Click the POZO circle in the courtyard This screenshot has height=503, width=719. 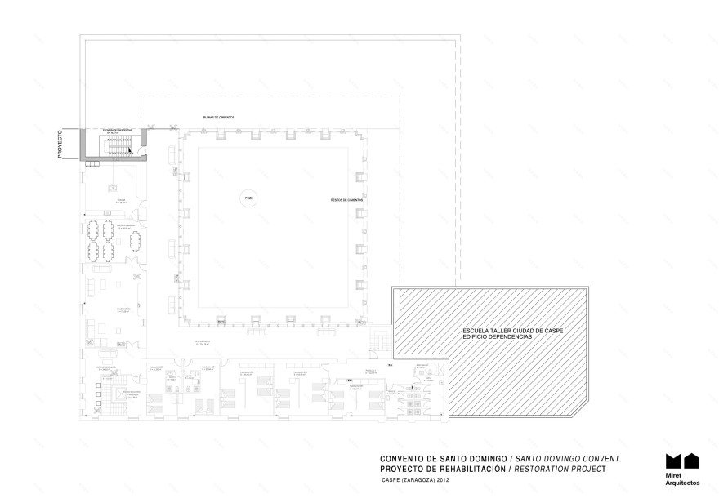(x=248, y=198)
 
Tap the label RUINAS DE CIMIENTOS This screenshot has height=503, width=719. (x=219, y=117)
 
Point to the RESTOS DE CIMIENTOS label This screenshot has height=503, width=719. (x=346, y=199)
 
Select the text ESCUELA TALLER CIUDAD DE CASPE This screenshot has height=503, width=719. (x=512, y=331)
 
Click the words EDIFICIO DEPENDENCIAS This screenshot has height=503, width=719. (x=496, y=337)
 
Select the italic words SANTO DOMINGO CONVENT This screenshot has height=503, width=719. (x=571, y=460)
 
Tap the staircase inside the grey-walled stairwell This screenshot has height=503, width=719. (x=119, y=146)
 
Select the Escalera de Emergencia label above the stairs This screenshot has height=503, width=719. (x=118, y=130)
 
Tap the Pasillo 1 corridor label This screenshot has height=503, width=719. (x=369, y=370)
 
